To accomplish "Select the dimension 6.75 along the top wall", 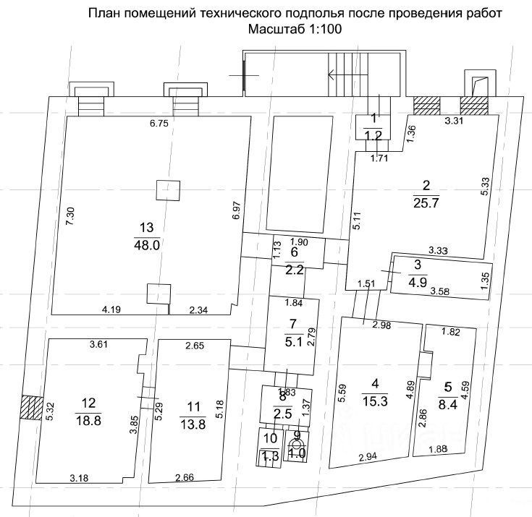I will click(x=159, y=124).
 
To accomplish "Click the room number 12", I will click(x=88, y=403).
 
